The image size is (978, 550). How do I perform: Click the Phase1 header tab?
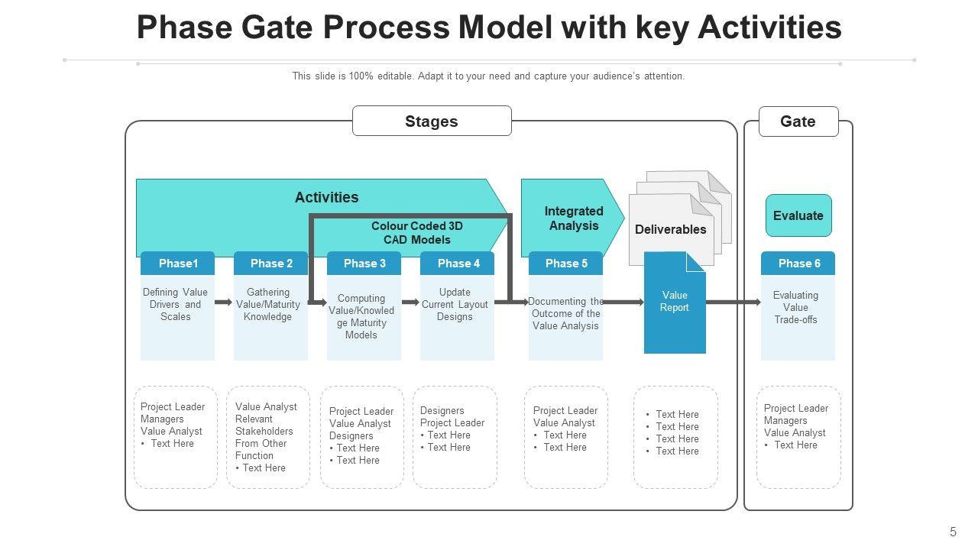(177, 264)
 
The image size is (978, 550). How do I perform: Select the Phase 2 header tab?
(271, 264)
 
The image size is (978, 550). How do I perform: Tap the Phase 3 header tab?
(364, 264)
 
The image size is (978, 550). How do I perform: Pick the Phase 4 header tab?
(458, 264)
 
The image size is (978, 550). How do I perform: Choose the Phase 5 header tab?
(566, 264)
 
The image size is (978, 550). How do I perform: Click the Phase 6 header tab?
(798, 264)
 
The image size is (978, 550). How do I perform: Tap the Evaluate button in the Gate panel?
(798, 215)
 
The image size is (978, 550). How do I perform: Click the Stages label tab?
(432, 121)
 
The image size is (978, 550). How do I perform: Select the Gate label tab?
(798, 121)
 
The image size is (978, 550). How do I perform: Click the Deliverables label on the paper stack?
(671, 229)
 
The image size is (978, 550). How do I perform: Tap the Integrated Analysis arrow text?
(574, 218)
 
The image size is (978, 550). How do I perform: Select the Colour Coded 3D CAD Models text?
(417, 233)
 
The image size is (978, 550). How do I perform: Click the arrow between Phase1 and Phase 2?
(224, 302)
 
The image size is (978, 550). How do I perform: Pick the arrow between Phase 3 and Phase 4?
(410, 302)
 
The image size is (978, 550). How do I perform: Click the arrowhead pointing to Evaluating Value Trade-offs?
(756, 302)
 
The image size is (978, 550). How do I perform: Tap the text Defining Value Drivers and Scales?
(176, 304)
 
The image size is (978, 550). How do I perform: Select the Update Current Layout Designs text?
(455, 304)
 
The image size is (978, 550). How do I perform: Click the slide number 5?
(953, 532)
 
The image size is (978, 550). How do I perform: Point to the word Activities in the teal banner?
(326, 198)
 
